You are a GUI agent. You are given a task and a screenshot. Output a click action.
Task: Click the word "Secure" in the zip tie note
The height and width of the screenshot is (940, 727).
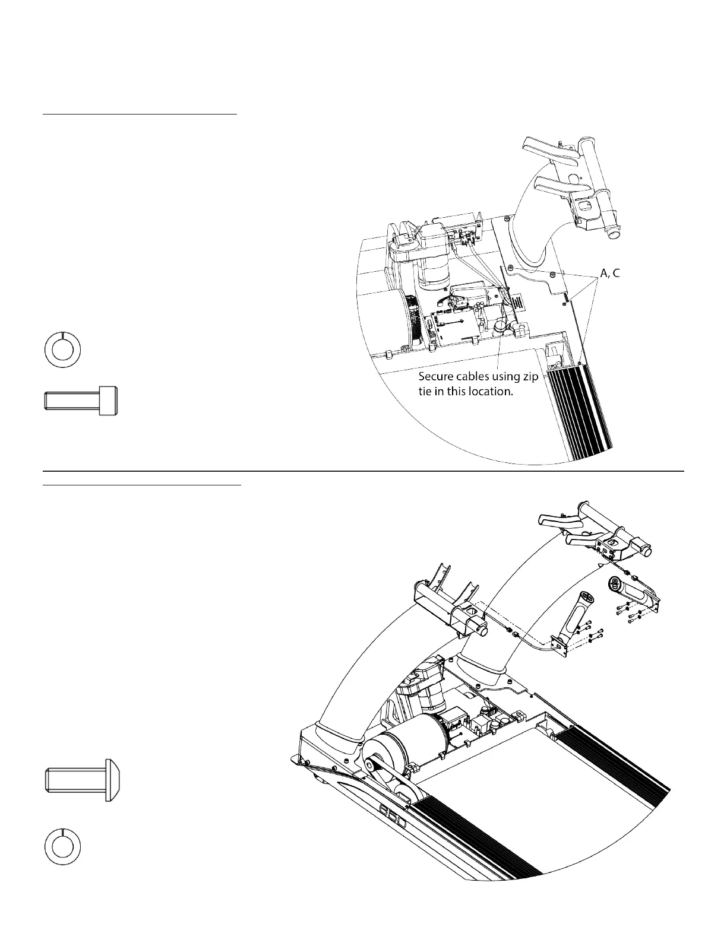(x=437, y=377)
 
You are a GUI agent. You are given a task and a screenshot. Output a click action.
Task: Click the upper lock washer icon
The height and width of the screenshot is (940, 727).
(x=63, y=350)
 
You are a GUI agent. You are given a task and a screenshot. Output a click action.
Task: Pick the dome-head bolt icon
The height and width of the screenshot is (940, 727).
(x=84, y=780)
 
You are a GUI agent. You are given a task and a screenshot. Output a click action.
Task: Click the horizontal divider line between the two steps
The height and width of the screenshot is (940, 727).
(x=363, y=471)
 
